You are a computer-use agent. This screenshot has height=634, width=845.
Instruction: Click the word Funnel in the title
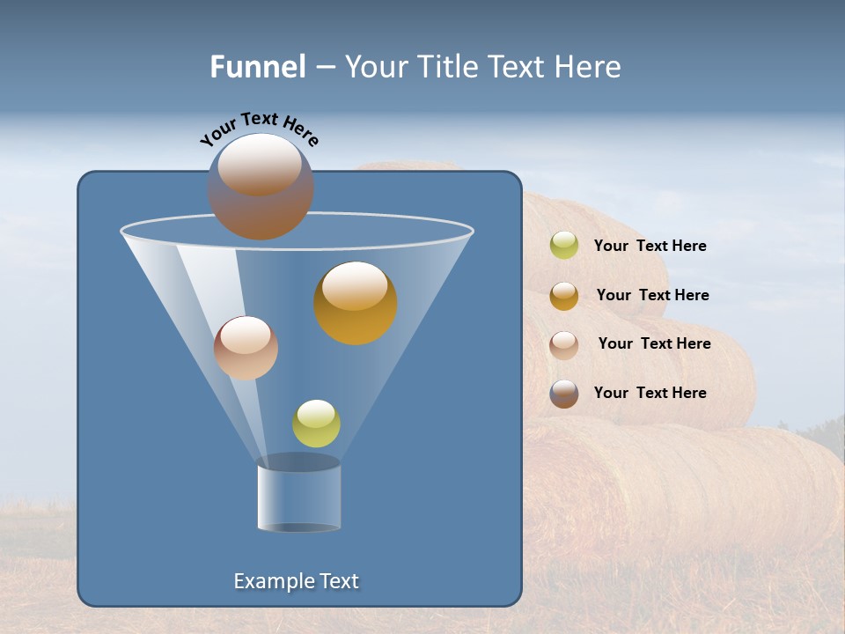258,67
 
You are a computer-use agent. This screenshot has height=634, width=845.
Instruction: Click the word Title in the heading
447,67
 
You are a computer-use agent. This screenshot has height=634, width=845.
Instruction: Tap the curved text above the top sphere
260,129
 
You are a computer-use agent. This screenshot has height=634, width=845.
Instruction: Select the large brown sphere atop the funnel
261,188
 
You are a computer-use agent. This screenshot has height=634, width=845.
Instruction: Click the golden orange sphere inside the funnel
356,304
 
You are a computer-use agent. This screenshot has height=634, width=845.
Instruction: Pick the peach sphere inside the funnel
246,348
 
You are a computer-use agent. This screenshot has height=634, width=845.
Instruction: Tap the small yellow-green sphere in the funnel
316,424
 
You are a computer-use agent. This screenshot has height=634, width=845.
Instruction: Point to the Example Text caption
296,581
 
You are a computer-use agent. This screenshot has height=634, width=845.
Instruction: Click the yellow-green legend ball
564,246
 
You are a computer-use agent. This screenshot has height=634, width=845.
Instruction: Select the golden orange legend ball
564,296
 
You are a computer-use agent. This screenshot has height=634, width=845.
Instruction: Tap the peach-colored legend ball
564,344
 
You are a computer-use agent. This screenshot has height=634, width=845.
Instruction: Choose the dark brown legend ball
564,394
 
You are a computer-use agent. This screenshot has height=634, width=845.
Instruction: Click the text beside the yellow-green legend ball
650,246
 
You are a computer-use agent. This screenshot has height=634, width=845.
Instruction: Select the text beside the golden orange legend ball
652,295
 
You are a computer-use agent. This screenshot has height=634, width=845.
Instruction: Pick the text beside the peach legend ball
654,343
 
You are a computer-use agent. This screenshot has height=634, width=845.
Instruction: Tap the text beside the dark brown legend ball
650,393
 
